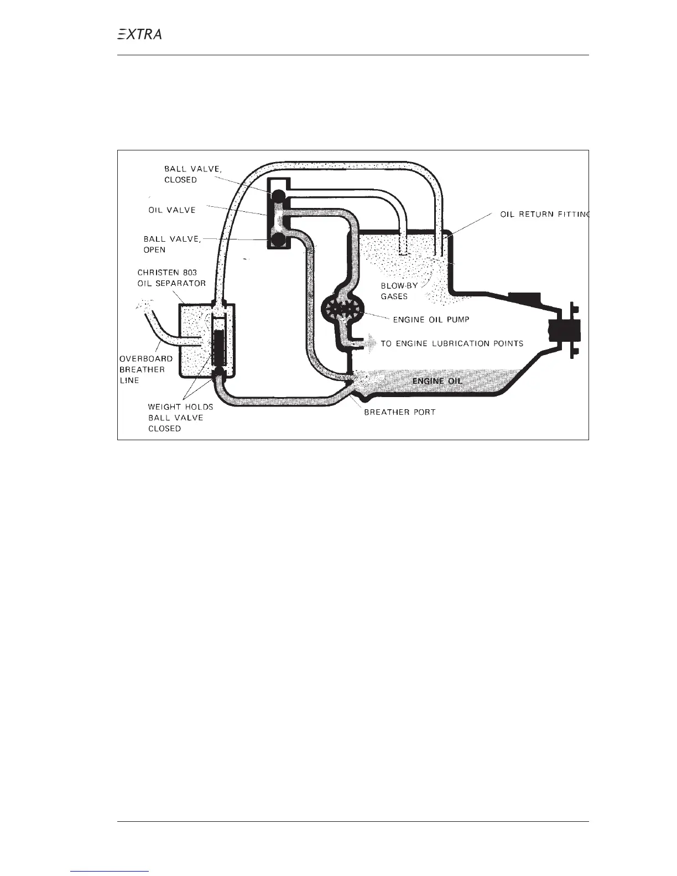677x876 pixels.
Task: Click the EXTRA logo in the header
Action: pos(140,34)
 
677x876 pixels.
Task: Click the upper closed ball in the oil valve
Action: pos(277,196)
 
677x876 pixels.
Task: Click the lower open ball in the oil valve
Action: pos(277,239)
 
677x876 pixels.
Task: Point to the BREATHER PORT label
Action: pos(399,412)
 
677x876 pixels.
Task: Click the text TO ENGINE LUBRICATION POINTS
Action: pos(452,343)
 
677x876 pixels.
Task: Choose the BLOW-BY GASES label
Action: pos(399,291)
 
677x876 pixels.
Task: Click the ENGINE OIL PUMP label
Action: pos(431,320)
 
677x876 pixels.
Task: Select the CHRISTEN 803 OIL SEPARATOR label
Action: pos(171,278)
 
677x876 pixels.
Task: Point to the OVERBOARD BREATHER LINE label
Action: pos(146,369)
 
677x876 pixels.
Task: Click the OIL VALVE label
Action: pos(172,210)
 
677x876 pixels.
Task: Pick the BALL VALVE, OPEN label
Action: pos(173,244)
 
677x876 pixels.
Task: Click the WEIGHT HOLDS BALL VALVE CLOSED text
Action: pos(180,418)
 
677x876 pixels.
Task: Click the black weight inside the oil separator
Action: pos(220,348)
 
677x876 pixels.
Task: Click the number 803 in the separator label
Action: pos(188,273)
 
